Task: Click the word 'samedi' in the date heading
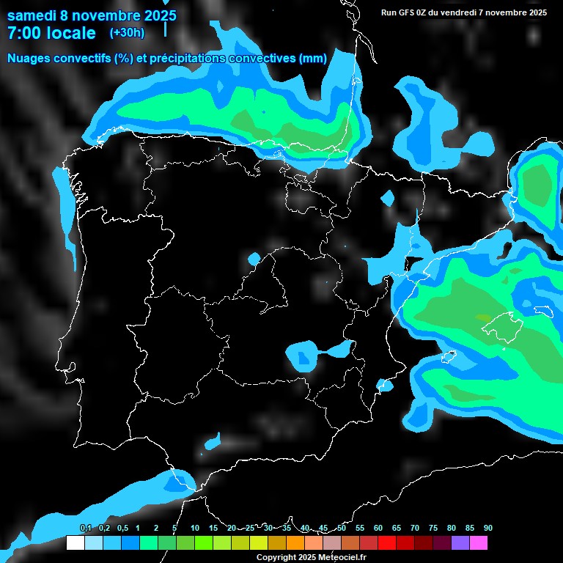(x=32, y=15)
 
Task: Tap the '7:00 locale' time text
(x=51, y=33)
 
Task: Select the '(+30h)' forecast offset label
(x=127, y=32)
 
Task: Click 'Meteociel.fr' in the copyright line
(x=337, y=558)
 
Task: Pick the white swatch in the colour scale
(x=75, y=543)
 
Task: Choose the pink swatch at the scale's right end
(x=478, y=543)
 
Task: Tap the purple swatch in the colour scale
(x=460, y=543)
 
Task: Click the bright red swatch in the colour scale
(x=386, y=543)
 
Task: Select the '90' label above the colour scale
(x=487, y=528)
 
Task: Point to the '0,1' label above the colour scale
(x=85, y=528)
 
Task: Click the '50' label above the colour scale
(x=341, y=528)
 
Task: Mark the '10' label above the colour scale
(x=194, y=528)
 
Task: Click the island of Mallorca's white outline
(x=499, y=320)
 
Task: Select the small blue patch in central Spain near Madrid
(x=254, y=258)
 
